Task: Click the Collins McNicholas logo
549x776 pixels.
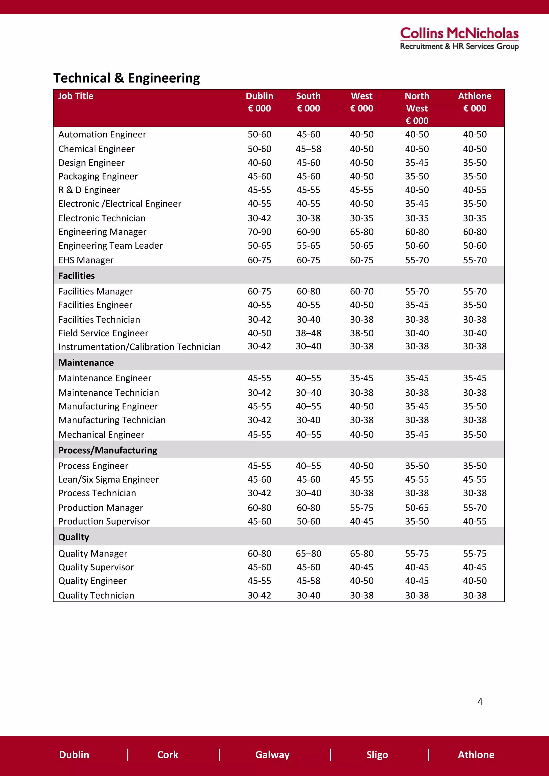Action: point(459,39)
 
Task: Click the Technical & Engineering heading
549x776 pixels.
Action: point(127,78)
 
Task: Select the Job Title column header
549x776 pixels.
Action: point(76,96)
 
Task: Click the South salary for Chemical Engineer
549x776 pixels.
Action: point(308,149)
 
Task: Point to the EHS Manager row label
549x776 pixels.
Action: point(86,260)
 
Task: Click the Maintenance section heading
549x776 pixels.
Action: point(86,363)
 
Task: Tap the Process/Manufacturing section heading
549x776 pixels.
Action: point(107,450)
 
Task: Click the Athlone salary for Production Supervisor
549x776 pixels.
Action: point(475,521)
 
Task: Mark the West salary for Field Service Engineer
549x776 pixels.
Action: point(362,333)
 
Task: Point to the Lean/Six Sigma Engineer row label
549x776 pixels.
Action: point(108,480)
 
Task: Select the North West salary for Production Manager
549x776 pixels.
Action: point(417,508)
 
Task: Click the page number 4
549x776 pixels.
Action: point(480,702)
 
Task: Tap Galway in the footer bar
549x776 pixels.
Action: point(272,755)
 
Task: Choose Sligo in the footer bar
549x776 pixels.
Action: point(377,755)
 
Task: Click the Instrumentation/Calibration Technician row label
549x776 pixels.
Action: point(139,347)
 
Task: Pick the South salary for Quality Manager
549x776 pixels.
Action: point(308,554)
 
